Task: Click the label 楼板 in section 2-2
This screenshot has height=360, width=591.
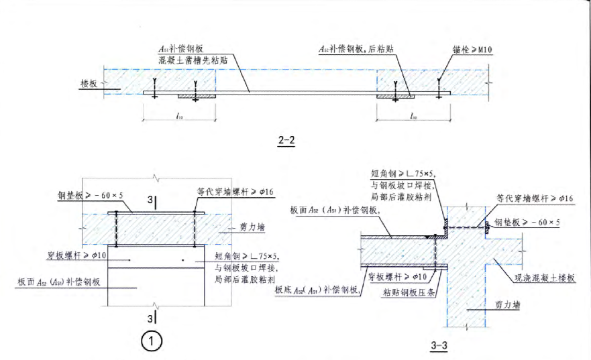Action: [x=89, y=84]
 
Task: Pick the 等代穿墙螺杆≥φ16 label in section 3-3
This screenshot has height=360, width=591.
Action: [x=533, y=198]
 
